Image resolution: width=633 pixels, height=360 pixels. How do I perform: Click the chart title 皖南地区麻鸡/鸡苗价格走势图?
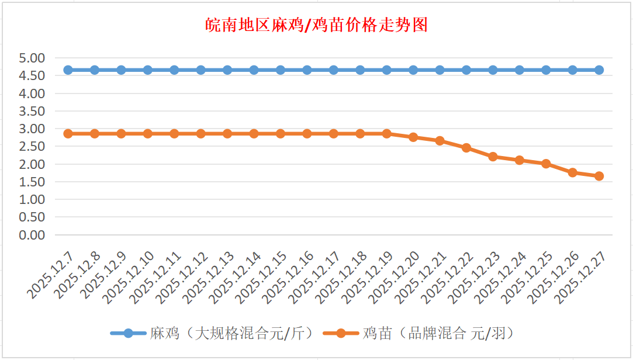coord(316,25)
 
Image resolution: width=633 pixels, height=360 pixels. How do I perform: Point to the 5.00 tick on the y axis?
coord(32,58)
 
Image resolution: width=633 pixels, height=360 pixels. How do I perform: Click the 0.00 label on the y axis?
coord(32,235)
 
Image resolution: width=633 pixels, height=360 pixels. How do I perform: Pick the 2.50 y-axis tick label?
coord(32,146)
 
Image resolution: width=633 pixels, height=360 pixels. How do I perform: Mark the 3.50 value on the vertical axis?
coord(32,111)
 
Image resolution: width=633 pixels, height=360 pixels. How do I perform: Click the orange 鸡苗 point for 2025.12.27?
coord(599,176)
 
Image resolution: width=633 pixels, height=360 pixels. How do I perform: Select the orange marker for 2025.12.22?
coord(466,148)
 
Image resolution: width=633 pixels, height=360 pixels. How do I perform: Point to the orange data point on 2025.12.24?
coord(520,160)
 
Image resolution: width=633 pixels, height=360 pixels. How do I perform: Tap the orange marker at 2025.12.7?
coord(68,134)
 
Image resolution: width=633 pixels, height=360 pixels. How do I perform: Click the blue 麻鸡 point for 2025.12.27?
coord(599,70)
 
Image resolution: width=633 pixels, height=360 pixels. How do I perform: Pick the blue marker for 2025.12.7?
coord(68,70)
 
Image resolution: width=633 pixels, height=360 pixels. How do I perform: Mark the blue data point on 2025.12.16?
coord(307,70)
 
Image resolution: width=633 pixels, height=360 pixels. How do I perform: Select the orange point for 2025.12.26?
coord(573,172)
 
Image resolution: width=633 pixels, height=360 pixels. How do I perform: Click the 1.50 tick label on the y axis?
coord(32,182)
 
